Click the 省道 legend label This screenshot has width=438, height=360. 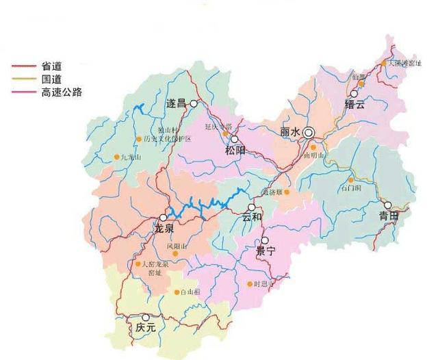(x=51, y=66)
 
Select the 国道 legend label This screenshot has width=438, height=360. (x=51, y=79)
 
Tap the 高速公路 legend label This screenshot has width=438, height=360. (x=62, y=92)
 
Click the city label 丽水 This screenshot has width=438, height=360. (x=291, y=131)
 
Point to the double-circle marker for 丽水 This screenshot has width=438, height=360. (x=309, y=131)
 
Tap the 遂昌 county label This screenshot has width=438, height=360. (x=176, y=104)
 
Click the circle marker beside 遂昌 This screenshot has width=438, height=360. (x=194, y=104)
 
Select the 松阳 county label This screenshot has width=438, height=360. (x=234, y=151)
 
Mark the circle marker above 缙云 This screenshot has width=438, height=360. (x=355, y=94)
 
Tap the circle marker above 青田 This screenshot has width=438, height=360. (x=387, y=205)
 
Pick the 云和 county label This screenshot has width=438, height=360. (x=252, y=218)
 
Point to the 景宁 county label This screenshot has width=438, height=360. (x=265, y=251)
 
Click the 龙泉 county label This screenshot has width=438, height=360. (x=164, y=228)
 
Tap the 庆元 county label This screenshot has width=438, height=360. (x=146, y=328)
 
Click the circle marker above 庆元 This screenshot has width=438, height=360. (x=146, y=317)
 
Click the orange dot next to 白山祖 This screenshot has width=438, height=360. (x=177, y=292)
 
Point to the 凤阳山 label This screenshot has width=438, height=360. (x=177, y=245)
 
